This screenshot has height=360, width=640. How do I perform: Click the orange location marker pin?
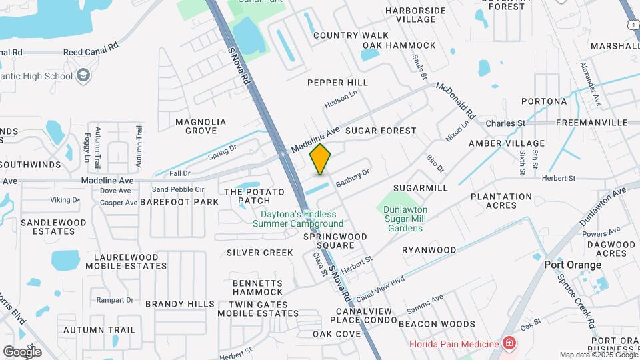321,159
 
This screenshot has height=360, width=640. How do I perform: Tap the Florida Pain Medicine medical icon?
510,343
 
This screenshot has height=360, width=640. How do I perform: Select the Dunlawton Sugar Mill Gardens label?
405,219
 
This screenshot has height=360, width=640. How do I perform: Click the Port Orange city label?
573,265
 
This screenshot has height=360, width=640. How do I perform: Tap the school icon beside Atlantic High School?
83,75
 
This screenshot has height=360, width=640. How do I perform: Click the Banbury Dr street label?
353,177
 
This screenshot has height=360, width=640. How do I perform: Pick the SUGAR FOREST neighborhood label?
381,131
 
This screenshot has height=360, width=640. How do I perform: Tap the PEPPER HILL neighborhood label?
337,83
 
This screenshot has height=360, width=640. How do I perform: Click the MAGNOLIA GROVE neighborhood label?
201,126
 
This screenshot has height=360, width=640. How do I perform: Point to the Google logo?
22,351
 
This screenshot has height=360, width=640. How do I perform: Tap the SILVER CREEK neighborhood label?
260,253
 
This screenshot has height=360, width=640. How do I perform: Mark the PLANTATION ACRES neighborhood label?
501,201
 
